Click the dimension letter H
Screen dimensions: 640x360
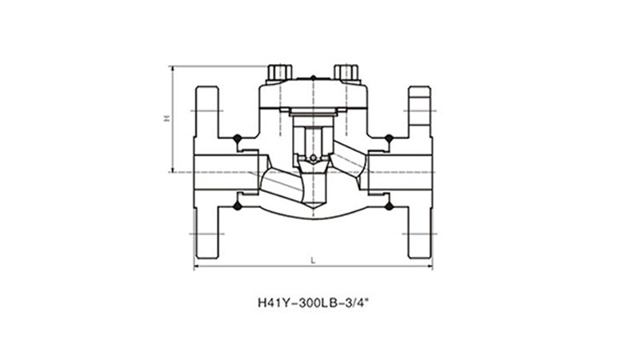coord(166,118)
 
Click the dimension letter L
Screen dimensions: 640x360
coord(313,261)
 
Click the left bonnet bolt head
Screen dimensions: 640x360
coord(279,72)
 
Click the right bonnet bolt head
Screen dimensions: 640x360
coord(346,72)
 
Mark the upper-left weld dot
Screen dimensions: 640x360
coord(237,138)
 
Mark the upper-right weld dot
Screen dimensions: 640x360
coord(389,138)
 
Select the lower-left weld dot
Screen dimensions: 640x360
coord(237,206)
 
